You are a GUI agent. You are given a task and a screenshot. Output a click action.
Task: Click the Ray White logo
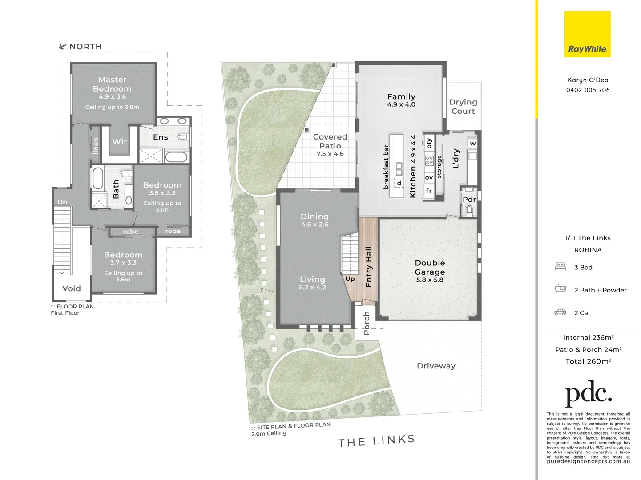coord(587,35)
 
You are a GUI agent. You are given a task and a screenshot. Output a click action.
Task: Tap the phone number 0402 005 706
coord(588,90)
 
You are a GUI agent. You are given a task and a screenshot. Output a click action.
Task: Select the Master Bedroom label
coord(112,84)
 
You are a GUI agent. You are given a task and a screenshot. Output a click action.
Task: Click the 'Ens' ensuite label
coord(161,137)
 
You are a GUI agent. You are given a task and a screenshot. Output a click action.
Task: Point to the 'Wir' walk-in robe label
coord(120,141)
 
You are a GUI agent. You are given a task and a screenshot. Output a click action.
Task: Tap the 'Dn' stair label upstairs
coord(62,202)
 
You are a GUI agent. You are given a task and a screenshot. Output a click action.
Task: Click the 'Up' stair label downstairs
coord(350,279)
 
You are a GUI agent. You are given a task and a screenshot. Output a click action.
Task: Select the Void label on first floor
coord(72,288)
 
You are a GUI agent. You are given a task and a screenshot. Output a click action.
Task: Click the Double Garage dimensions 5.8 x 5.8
coord(430,280)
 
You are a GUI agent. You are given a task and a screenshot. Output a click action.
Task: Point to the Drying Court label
coord(463,107)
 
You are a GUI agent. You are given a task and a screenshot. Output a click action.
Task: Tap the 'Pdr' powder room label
coord(469,200)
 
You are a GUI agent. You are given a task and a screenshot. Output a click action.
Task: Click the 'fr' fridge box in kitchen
coord(429,191)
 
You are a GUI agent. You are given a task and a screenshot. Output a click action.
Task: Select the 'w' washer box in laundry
coord(472,144)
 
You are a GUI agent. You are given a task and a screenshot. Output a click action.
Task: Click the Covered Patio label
coord(330,141)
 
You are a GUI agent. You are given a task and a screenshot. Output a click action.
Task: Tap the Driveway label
coord(436,366)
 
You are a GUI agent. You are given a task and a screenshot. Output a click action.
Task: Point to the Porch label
coord(367,323)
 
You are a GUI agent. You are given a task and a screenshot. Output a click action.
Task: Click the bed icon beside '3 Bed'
coord(560,267)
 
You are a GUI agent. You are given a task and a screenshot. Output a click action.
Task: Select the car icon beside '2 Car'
coord(560,312)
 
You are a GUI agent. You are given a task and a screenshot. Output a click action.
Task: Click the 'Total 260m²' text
coord(588,361)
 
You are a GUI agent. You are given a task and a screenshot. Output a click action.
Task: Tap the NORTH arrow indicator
coord(63,47)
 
